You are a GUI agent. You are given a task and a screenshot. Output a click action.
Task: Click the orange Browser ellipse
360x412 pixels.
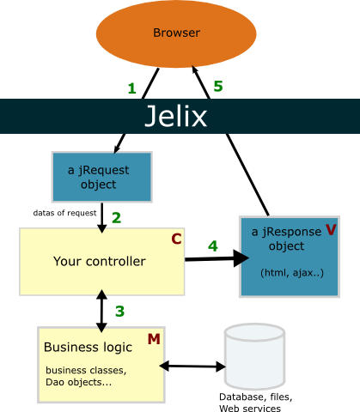176,33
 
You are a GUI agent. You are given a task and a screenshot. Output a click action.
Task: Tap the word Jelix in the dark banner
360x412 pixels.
176,116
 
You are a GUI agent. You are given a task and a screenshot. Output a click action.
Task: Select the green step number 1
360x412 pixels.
131,88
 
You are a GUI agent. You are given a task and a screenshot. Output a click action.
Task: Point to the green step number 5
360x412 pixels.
218,86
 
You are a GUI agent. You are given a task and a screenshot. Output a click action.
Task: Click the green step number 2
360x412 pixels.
116,218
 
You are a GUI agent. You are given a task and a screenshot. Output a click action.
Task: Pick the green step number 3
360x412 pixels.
119,312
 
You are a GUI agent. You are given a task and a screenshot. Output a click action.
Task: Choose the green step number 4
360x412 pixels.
213,246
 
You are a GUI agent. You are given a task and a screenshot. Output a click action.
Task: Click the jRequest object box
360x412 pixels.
101,177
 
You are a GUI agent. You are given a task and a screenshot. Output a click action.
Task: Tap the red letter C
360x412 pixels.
176,239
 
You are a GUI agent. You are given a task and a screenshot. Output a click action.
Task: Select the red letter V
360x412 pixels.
331,229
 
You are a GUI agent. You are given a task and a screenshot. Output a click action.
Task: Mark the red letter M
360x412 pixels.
154,339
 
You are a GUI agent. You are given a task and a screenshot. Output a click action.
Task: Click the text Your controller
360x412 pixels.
100,262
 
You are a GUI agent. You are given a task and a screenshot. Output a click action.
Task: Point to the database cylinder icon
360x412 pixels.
254,356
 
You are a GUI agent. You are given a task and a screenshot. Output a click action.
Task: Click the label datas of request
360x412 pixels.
64,213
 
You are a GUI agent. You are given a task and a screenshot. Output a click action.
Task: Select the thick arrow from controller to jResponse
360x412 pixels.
217,258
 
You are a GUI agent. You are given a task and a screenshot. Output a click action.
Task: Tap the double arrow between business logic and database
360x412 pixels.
192,367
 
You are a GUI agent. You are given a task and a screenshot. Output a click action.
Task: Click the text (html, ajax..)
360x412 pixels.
292,273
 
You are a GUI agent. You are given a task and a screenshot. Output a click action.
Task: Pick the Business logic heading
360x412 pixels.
88,348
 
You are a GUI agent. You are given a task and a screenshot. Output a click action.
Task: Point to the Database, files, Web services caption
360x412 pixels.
255,403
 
